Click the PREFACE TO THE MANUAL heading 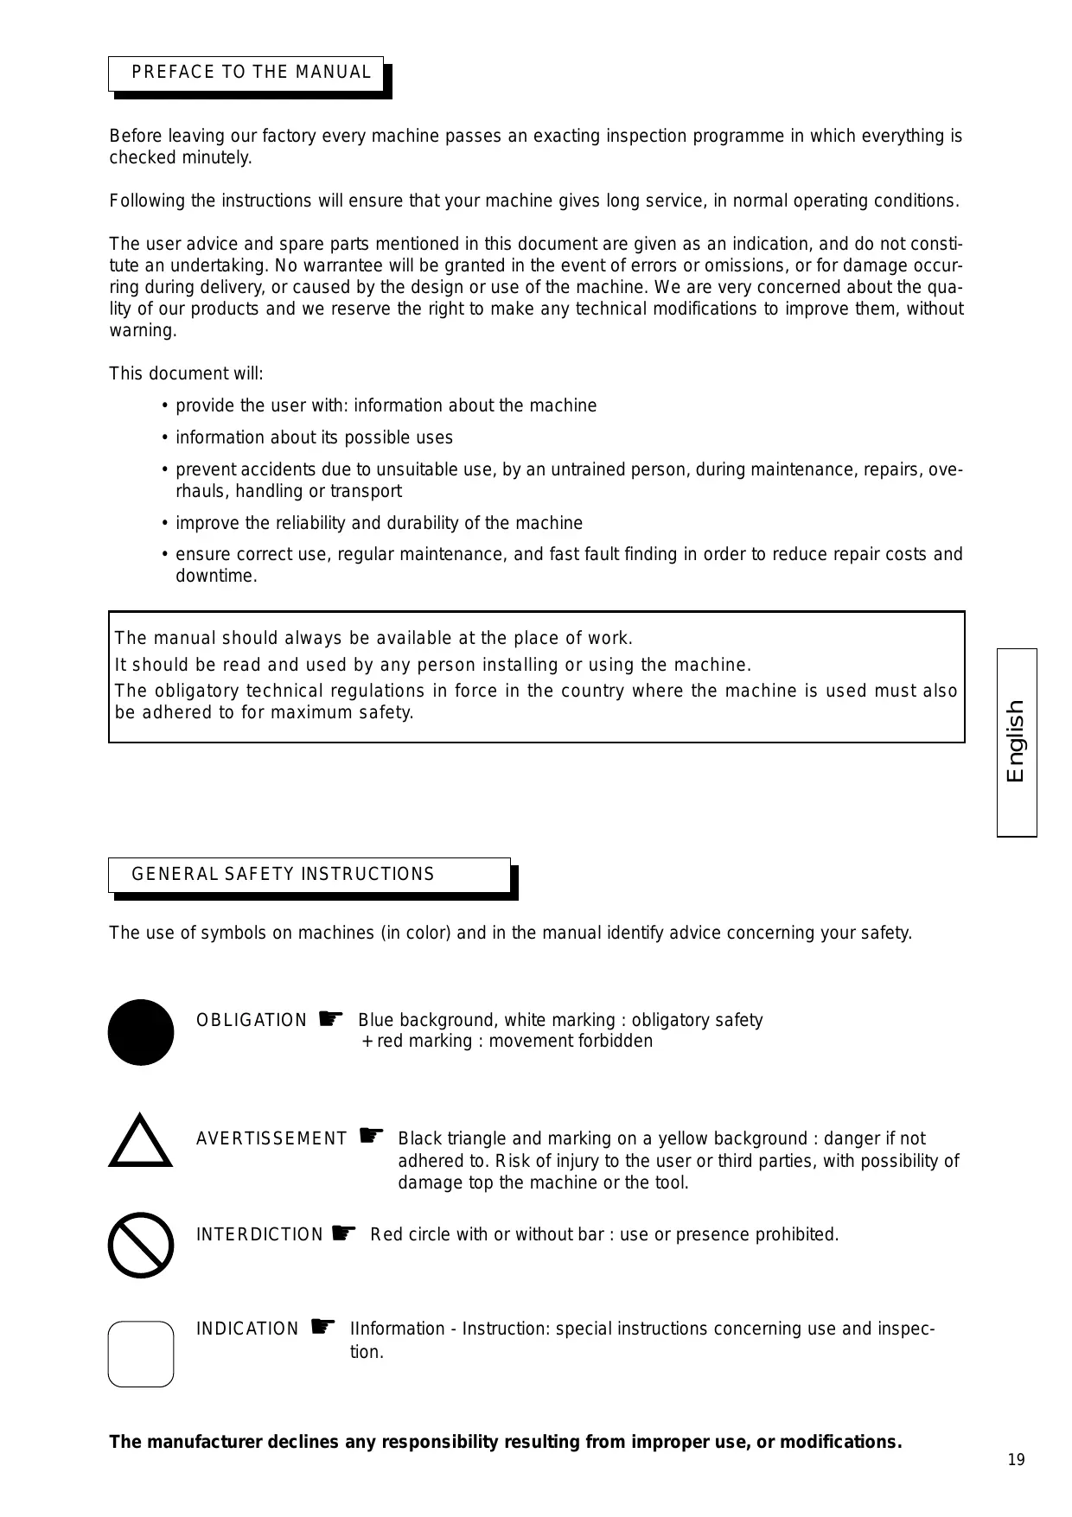[251, 73]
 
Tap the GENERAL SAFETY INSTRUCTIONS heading [283, 874]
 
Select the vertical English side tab [1016, 742]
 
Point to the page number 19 [1016, 1460]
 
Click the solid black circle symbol [141, 1032]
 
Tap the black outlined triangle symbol [141, 1143]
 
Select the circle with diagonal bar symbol [141, 1245]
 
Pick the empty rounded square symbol [141, 1354]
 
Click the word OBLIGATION [251, 1021]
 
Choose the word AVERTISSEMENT [271, 1139]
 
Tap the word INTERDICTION [259, 1235]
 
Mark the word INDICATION [247, 1329]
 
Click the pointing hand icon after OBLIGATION [330, 1018]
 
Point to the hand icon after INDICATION [322, 1326]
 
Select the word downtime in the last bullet [215, 577]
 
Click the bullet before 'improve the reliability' [164, 524]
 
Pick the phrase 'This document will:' [186, 374]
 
